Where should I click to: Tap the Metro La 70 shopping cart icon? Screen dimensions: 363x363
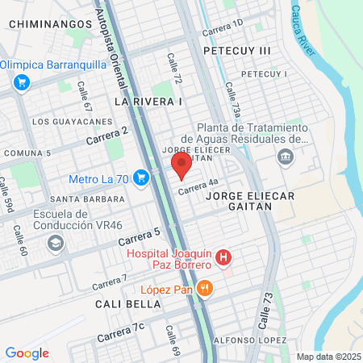pyautogui.click(x=141, y=177)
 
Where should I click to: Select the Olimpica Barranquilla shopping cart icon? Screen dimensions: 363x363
pyautogui.click(x=22, y=81)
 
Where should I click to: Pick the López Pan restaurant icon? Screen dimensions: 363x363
pyautogui.click(x=206, y=288)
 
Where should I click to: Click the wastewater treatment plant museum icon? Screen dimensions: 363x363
pyautogui.click(x=284, y=156)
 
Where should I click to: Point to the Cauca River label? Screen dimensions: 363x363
pyautogui.click(x=303, y=31)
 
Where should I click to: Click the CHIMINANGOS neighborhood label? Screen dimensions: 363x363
pyautogui.click(x=51, y=25)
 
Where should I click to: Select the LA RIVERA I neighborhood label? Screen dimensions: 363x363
pyautogui.click(x=149, y=102)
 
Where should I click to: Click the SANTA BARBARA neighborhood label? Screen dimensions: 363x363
pyautogui.click(x=87, y=198)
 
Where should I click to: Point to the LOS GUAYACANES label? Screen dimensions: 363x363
pyautogui.click(x=72, y=121)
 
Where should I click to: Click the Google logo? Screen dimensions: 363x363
pyautogui.click(x=27, y=353)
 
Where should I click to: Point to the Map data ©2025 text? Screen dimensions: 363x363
pyautogui.click(x=328, y=357)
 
